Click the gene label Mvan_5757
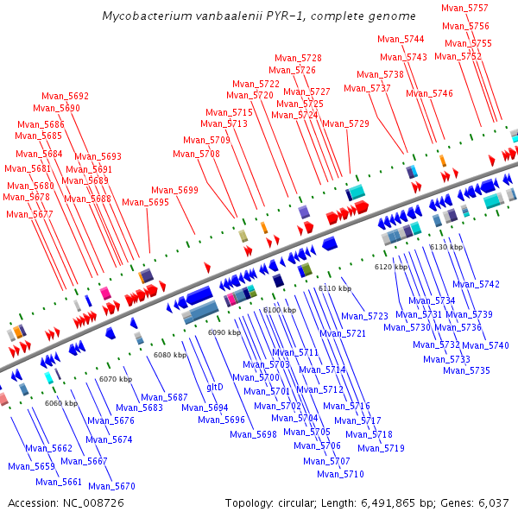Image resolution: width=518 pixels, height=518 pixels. click(x=464, y=8)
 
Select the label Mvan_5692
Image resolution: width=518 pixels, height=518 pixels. click(x=66, y=97)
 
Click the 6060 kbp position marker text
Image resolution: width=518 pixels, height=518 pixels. click(x=61, y=403)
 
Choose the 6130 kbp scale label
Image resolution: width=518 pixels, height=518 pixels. click(x=446, y=247)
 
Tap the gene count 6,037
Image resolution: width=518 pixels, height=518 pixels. click(x=492, y=502)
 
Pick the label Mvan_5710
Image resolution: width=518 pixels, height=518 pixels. click(x=340, y=474)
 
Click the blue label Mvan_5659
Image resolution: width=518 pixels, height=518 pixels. click(x=32, y=467)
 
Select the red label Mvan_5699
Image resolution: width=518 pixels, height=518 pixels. click(x=174, y=191)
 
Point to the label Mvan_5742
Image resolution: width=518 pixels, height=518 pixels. click(x=477, y=284)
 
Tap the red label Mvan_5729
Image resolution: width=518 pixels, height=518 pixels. click(x=346, y=124)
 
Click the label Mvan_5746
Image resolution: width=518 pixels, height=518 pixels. click(x=430, y=94)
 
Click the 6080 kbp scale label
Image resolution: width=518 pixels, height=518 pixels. click(x=170, y=355)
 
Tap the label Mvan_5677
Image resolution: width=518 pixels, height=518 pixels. click(x=30, y=214)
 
